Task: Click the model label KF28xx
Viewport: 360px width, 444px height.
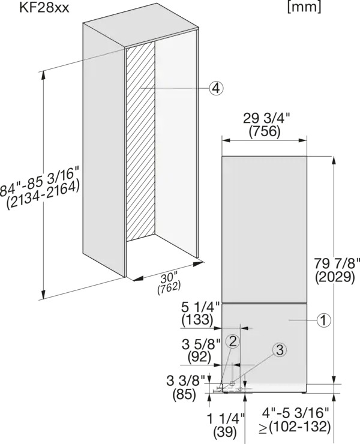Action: pos(44,8)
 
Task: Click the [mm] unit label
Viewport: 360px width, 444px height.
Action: pos(304,7)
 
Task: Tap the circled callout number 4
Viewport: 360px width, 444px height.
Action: pos(216,89)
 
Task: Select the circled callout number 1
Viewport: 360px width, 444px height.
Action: pos(324,320)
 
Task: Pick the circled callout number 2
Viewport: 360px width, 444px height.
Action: pos(233,342)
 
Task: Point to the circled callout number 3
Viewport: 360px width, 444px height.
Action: pos(280,350)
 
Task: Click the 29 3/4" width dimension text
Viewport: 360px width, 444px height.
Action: pos(267,119)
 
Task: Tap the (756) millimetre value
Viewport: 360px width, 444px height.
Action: pos(265,131)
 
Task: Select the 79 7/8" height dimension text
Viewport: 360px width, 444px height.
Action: pos(337,264)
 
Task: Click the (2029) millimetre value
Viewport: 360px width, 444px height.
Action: pos(335,277)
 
